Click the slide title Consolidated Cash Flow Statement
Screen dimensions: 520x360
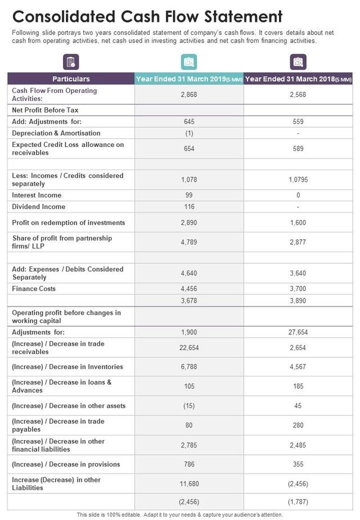coord(147,15)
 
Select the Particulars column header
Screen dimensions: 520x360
coord(71,79)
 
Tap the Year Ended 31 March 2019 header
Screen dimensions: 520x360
coord(189,79)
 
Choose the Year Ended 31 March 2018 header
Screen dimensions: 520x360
coord(298,79)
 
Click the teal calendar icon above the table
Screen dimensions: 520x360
coord(189,62)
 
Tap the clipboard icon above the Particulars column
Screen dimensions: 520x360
coord(71,62)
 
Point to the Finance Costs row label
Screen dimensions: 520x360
coord(34,289)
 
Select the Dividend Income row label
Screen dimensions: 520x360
coord(39,207)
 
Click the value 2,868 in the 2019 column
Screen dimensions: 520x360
coord(189,95)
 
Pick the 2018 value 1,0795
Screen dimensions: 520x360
coord(298,180)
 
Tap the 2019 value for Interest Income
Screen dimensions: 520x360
coord(189,195)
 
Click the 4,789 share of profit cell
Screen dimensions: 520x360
coord(189,242)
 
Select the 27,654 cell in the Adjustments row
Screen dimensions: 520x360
coord(298,332)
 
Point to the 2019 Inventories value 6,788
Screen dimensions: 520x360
coord(189,367)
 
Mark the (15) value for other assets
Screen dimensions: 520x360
coord(189,406)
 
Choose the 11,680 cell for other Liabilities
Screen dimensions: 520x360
coord(189,484)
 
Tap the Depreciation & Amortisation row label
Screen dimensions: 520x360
coord(56,133)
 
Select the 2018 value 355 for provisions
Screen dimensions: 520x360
coord(298,464)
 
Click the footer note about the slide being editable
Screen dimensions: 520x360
coord(179,515)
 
